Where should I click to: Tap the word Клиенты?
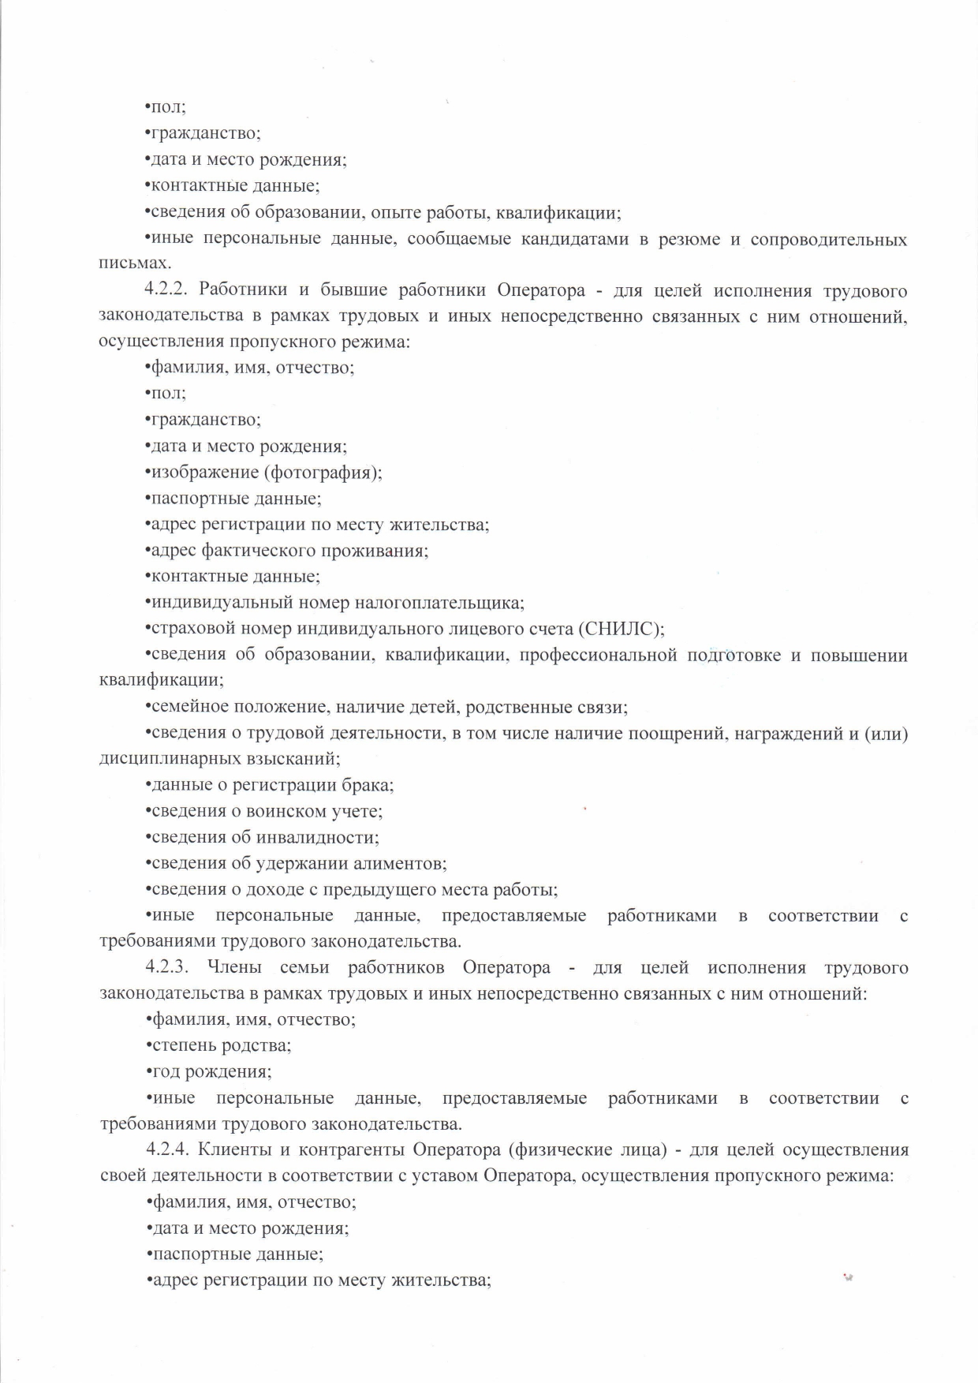241,1149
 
